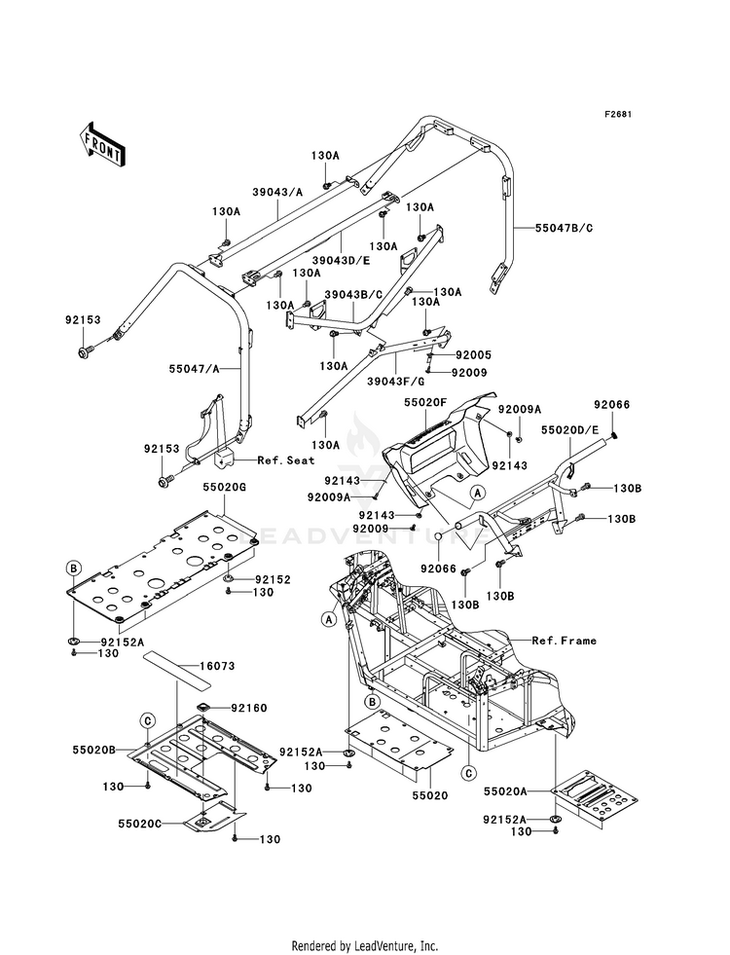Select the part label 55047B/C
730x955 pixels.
click(564, 229)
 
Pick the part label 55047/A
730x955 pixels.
click(195, 369)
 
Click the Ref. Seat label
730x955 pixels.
click(285, 460)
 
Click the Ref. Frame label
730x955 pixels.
click(564, 641)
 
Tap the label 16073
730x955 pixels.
click(217, 666)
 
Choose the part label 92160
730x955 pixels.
click(248, 709)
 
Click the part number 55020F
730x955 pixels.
click(425, 403)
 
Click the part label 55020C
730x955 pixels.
click(139, 823)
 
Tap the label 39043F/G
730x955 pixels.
click(396, 382)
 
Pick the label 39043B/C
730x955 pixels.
click(353, 294)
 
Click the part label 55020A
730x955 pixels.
click(505, 791)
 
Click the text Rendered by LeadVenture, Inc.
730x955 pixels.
click(365, 946)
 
